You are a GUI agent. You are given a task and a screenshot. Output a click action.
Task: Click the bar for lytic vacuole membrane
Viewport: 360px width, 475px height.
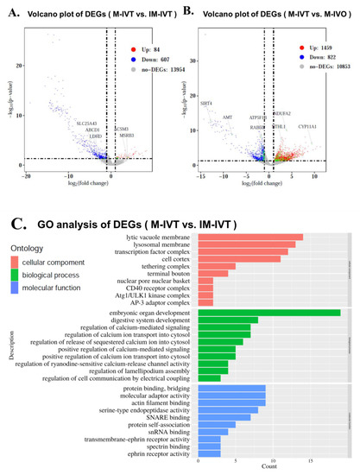[250, 237]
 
